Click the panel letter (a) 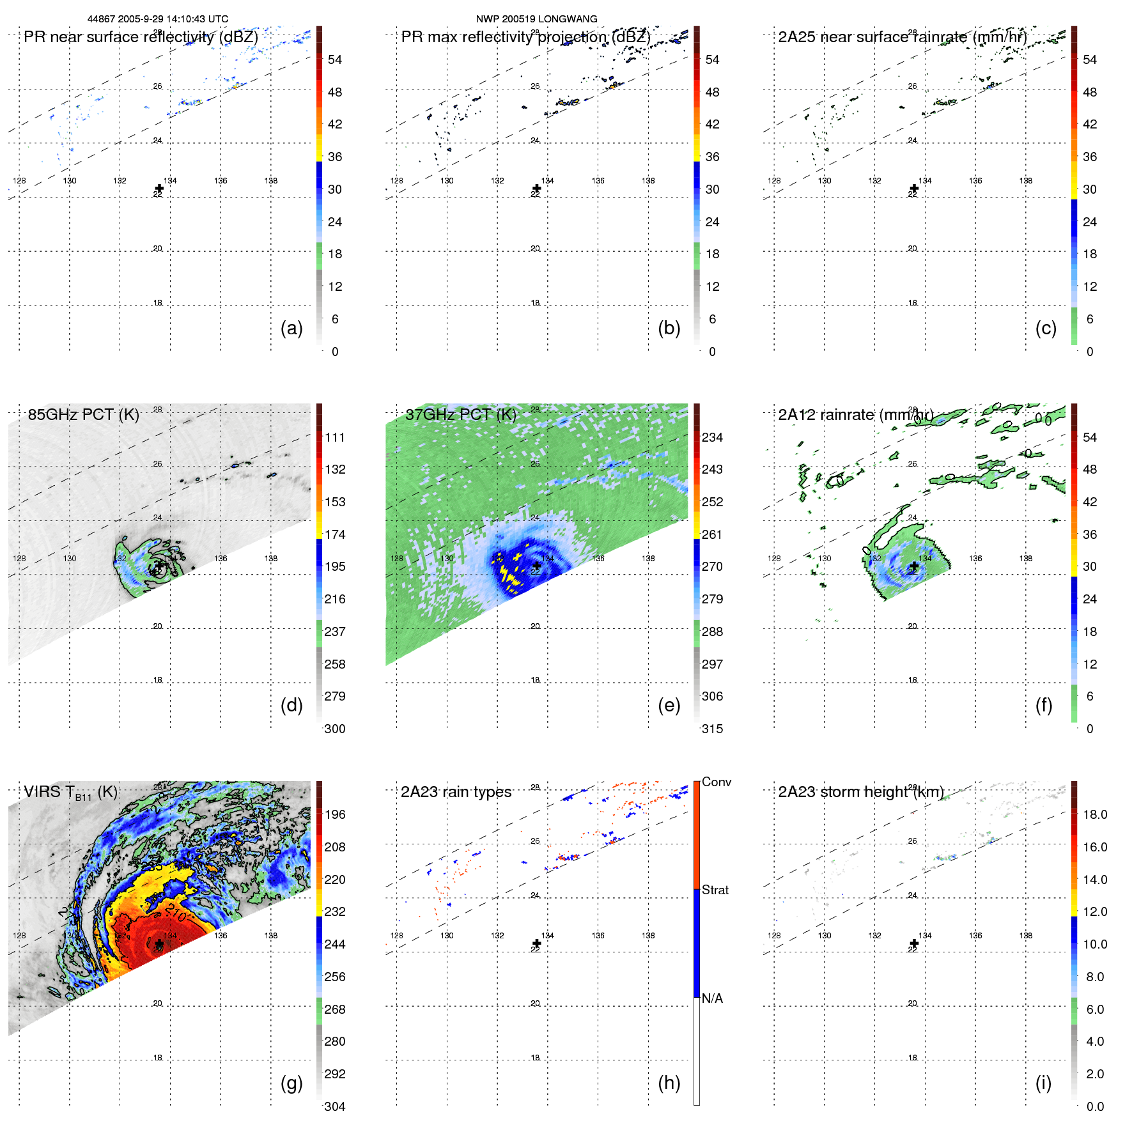[x=291, y=328]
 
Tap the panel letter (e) [x=669, y=705]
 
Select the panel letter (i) [x=1043, y=1083]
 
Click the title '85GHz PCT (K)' [x=83, y=414]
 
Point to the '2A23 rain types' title [x=456, y=792]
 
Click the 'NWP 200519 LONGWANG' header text [x=536, y=19]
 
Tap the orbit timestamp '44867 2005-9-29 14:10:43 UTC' [x=158, y=19]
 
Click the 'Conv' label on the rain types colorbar [x=717, y=782]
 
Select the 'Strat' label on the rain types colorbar [x=715, y=890]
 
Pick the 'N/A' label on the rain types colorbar [x=712, y=998]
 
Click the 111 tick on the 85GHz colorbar [x=335, y=437]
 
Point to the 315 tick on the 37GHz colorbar [x=712, y=729]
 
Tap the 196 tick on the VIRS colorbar [x=335, y=814]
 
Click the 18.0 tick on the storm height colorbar [x=1095, y=814]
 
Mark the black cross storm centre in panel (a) [x=159, y=189]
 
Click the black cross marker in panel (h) [x=537, y=943]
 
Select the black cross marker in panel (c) [x=914, y=189]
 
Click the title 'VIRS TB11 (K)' [x=70, y=792]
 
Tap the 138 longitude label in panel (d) [x=271, y=558]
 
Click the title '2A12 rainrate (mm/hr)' [x=855, y=414]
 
